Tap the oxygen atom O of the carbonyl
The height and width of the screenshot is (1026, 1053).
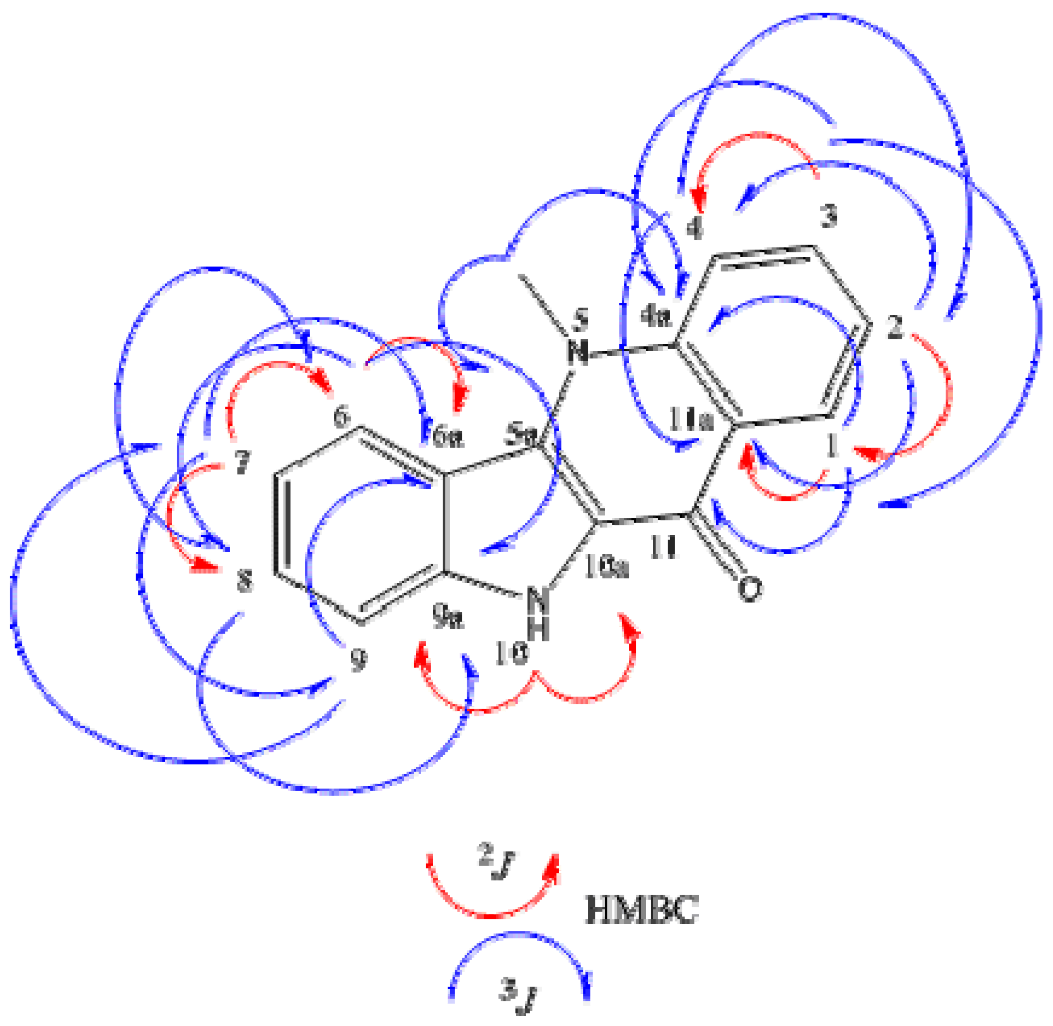(750, 589)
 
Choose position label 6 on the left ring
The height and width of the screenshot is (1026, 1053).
(341, 417)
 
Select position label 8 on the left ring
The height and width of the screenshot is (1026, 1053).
(244, 581)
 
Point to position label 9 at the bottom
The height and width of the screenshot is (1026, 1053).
(358, 660)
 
